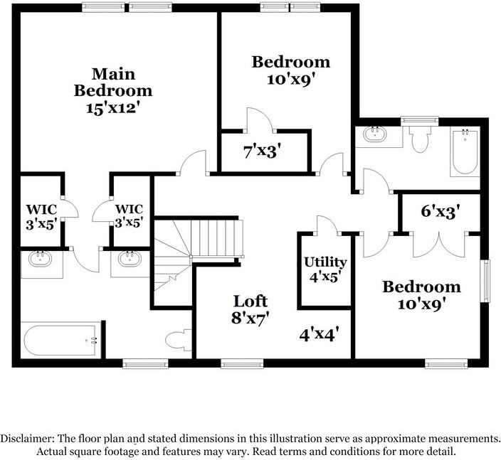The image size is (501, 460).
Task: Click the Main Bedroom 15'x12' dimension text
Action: (113, 108)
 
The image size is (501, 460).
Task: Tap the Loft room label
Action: (250, 301)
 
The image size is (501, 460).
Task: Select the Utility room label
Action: (325, 262)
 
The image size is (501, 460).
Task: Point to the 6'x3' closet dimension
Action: (441, 211)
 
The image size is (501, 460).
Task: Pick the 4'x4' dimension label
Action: (319, 335)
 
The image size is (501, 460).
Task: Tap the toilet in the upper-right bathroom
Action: (420, 139)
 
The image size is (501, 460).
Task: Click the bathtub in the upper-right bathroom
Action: (465, 151)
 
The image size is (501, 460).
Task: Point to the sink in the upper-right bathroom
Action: (374, 134)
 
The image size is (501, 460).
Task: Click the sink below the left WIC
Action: (40, 259)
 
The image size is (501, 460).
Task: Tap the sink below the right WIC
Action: (130, 259)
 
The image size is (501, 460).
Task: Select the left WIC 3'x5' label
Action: (41, 217)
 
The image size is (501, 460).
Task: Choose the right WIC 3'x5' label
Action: (129, 216)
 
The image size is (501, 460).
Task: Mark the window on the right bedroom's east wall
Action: (486, 281)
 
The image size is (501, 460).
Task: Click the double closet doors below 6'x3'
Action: (439, 245)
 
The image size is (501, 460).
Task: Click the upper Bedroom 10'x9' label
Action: (291, 70)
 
